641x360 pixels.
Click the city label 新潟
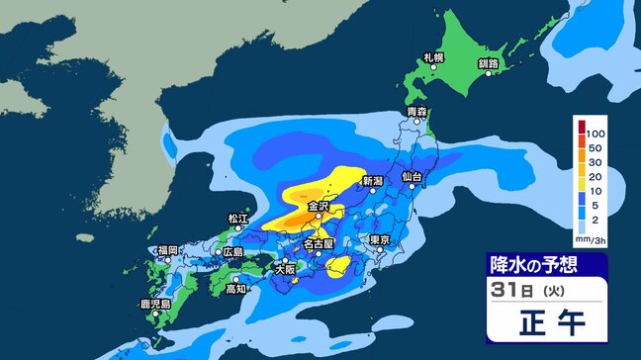(372, 181)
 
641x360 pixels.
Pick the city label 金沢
(319, 207)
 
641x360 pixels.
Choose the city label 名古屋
(323, 242)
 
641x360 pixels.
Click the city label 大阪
(285, 268)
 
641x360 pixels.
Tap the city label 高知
(235, 289)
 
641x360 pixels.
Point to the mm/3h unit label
(593, 237)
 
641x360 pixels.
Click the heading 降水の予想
(533, 265)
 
